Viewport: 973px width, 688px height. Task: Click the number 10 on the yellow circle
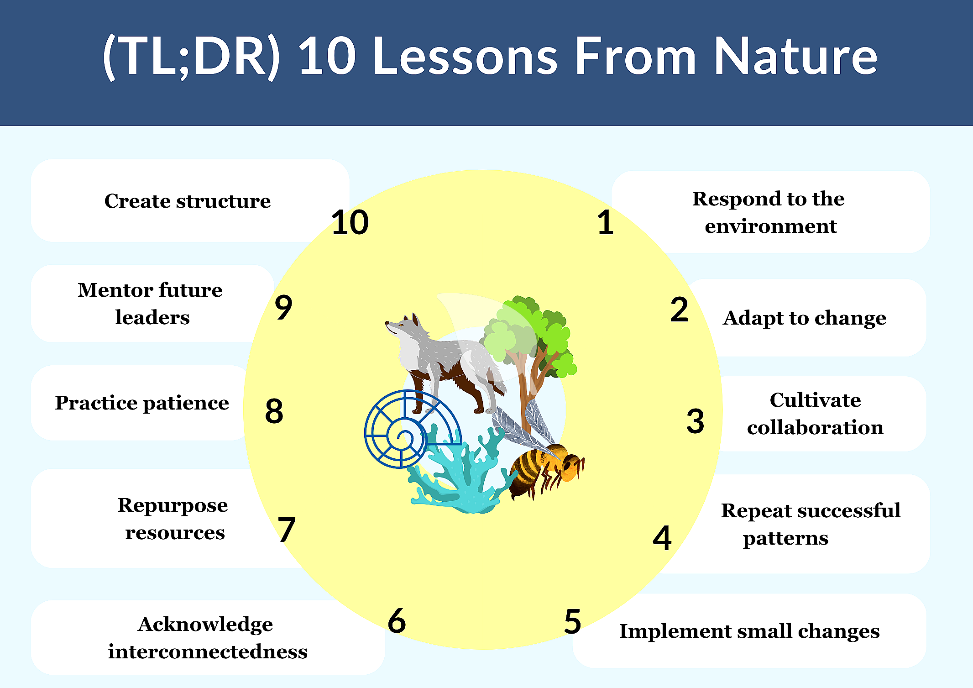(x=350, y=223)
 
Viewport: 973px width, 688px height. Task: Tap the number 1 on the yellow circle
(x=606, y=223)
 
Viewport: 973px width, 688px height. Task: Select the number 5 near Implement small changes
(x=573, y=622)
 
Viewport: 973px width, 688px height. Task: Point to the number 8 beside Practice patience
(x=274, y=411)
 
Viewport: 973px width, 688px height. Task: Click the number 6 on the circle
(x=397, y=621)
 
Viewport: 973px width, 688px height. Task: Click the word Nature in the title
(x=795, y=57)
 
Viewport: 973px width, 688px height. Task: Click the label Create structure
(x=187, y=201)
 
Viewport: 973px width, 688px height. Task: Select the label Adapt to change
(x=804, y=318)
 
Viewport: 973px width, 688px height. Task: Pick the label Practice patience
(x=142, y=403)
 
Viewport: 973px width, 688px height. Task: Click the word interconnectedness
(x=208, y=651)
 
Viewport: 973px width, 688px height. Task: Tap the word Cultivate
(x=815, y=400)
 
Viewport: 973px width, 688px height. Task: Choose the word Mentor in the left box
(x=115, y=290)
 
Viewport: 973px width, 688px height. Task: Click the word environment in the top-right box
(x=770, y=226)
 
